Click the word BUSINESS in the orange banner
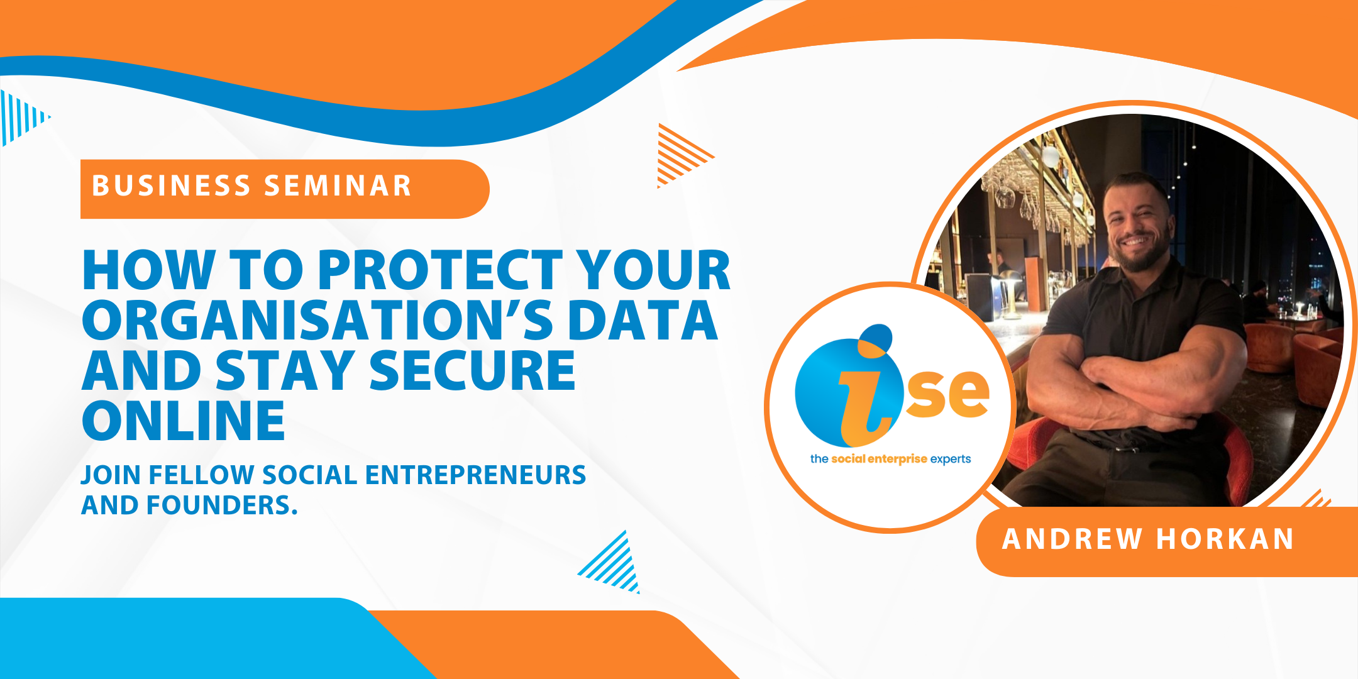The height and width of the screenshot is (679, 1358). point(172,186)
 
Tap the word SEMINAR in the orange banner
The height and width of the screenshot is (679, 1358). point(338,186)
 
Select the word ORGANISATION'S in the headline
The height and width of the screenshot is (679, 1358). point(317,320)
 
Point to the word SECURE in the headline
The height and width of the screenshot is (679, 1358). point(472,370)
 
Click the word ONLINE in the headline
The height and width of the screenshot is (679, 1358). point(184,421)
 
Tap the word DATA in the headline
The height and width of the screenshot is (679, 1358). point(643,320)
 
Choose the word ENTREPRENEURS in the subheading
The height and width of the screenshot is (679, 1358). point(475,475)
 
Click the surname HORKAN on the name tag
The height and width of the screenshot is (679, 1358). point(1225,539)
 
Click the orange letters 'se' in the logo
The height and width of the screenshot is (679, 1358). point(947,394)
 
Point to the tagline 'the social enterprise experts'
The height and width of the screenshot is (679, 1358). point(890,459)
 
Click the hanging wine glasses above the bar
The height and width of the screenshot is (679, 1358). point(1037,195)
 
